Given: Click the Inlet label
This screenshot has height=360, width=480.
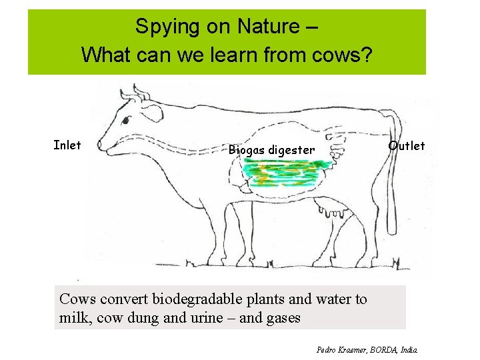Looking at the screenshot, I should click(67, 145).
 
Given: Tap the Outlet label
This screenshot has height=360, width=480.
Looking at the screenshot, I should click(407, 146).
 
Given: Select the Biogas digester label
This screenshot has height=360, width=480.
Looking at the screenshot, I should click(271, 150).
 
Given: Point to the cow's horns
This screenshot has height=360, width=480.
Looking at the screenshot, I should click(138, 92).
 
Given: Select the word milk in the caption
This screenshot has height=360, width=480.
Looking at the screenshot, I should click(73, 318).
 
